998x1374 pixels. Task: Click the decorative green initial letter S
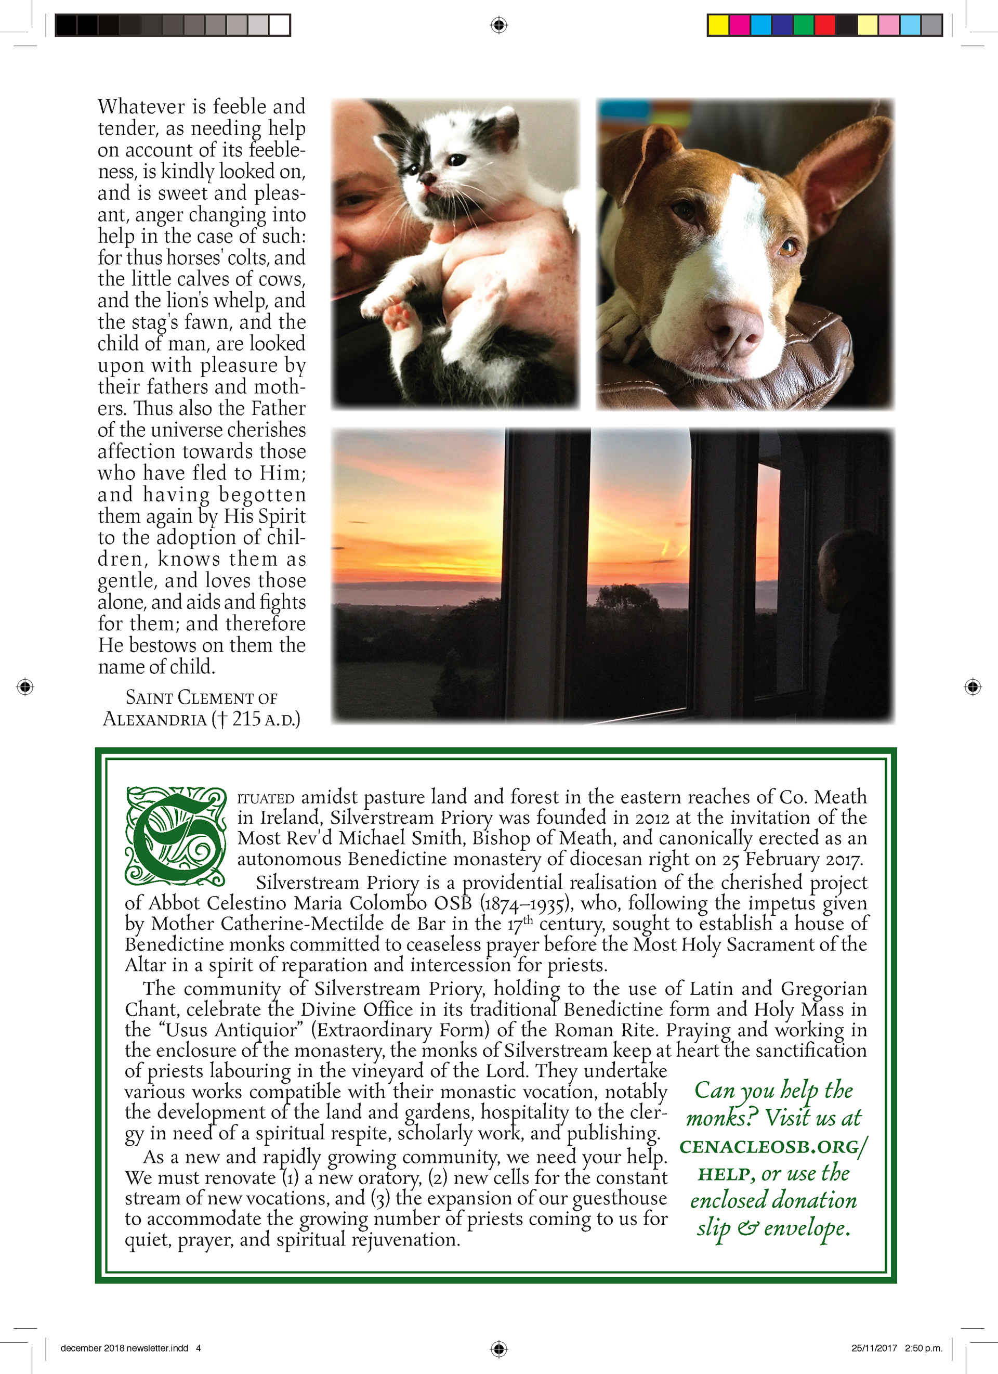tap(176, 836)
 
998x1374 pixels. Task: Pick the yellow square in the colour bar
tap(718, 25)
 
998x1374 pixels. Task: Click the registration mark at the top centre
tap(498, 25)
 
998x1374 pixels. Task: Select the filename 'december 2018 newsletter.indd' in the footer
tap(124, 1348)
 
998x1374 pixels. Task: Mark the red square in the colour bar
tap(824, 25)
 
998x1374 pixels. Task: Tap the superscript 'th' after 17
tap(528, 920)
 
